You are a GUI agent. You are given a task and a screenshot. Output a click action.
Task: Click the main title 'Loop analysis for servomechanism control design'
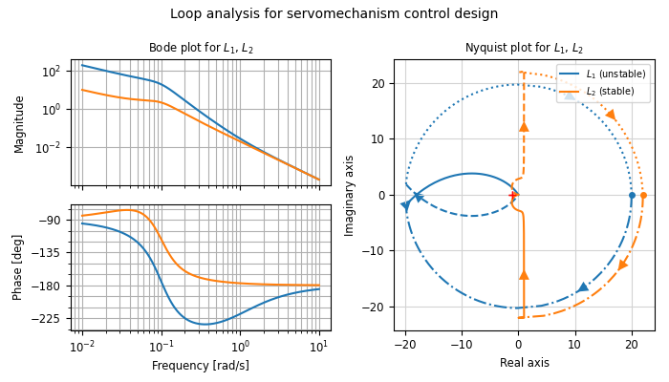334,14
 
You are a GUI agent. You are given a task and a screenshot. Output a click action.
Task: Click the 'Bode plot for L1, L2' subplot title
201,49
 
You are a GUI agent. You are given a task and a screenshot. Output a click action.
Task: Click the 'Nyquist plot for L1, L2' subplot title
524,49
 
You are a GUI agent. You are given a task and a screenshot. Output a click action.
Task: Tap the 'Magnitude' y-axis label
19,123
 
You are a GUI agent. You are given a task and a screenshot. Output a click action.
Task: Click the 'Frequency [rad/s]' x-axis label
201,366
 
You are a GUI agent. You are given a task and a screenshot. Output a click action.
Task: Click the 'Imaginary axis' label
350,195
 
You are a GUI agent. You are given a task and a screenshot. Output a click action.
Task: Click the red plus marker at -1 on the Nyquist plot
513,196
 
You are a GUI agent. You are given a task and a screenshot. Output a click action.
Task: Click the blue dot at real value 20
632,196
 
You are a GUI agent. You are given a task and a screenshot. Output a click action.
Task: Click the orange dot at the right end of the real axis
643,196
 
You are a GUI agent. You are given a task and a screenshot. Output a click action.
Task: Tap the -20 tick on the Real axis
405,342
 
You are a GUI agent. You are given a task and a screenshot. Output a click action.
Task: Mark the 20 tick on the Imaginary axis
379,83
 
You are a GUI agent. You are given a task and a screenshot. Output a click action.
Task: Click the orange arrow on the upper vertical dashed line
524,126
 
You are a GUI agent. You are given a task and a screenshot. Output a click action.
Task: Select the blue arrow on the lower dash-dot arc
583,286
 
